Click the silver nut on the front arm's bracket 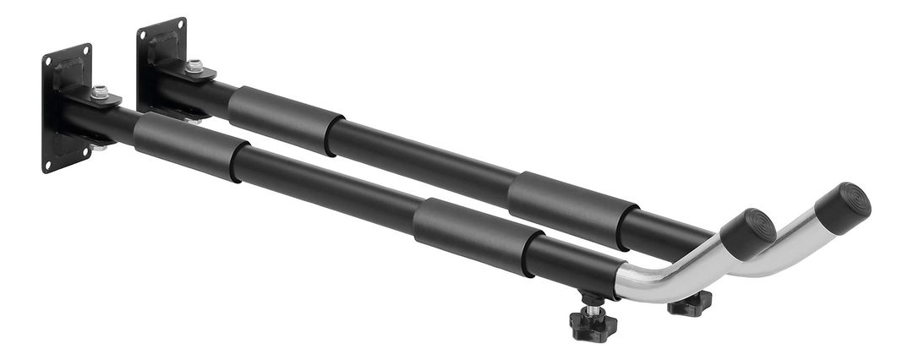100,93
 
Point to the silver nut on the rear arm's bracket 194,66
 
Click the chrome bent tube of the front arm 668,275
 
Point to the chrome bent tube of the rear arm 774,254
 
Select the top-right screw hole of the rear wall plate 180,25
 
